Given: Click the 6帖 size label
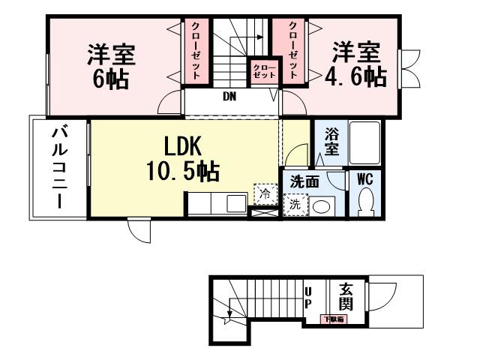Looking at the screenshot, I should pos(110,79).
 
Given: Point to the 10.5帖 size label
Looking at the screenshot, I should pos(184,172).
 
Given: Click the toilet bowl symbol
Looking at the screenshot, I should pos(367,201).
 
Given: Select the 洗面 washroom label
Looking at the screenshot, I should pos(306,181).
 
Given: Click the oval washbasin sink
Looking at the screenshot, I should pos(323,205).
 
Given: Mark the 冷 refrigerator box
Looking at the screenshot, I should pos(265,193).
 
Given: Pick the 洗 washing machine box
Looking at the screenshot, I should pos(294,203).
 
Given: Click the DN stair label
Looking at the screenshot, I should pos(229,96).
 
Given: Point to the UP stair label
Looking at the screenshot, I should pos(307,298).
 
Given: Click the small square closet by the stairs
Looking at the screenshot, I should pos(263,72).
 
